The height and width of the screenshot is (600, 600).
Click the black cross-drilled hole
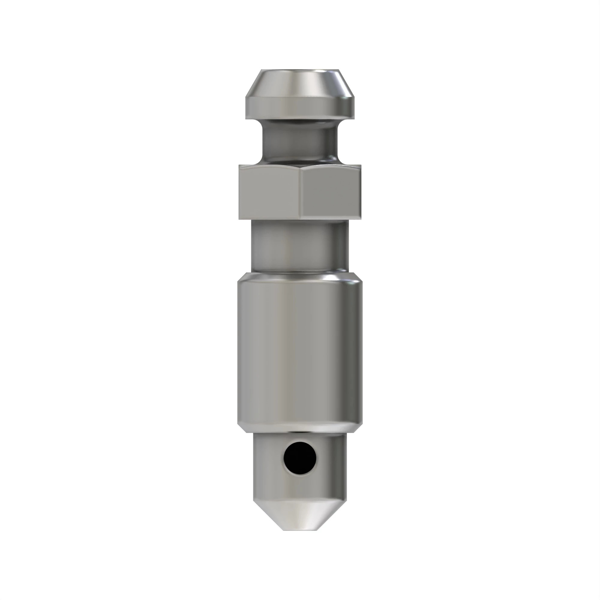(300, 458)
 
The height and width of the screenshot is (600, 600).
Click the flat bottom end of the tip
(300, 529)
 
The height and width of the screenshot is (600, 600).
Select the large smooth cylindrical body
(300, 351)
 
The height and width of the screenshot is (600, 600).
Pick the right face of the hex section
(331, 193)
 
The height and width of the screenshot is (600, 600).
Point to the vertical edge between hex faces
(301, 193)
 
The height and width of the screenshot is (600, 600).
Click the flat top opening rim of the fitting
(300, 70)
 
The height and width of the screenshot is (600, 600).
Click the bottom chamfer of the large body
(300, 429)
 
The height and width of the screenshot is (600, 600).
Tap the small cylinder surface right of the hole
(331, 460)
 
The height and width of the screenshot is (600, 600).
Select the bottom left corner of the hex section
(240, 218)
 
